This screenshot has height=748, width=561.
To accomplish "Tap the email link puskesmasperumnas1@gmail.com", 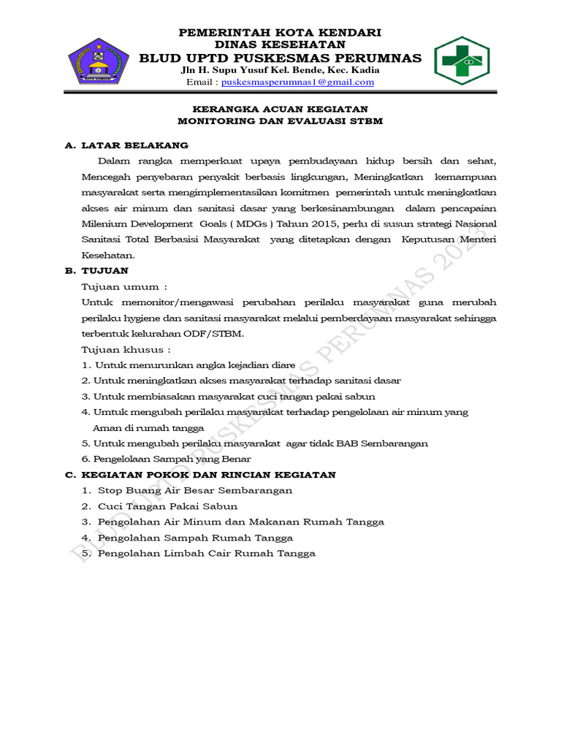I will tap(297, 83).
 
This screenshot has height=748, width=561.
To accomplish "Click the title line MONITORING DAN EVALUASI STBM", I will tap(280, 121).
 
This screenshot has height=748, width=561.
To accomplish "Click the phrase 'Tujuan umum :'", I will tap(124, 286).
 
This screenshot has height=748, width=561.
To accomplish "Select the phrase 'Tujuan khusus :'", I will tap(127, 349).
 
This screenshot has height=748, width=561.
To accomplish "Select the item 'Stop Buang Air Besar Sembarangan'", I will tap(194, 490).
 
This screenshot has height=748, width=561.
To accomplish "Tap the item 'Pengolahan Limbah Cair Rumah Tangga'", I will tap(206, 554).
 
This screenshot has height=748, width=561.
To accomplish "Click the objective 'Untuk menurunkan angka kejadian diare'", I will tap(194, 365).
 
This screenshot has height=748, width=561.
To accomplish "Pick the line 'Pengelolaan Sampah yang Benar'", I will tap(172, 459).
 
